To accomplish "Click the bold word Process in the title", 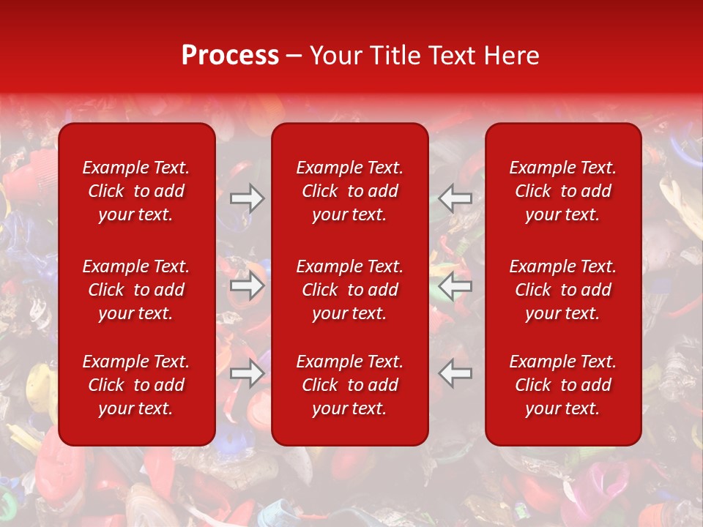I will (x=230, y=56).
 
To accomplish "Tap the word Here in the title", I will (x=512, y=56).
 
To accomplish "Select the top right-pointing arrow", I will (x=247, y=198).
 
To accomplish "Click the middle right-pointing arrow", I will (x=247, y=285).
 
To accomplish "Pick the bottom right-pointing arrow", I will (x=247, y=373).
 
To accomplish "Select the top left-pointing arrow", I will (x=455, y=198).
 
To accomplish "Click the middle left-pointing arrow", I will (x=455, y=285).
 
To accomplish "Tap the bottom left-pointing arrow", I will (x=455, y=373).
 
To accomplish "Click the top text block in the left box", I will (x=136, y=191).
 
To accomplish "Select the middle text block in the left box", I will (x=136, y=290).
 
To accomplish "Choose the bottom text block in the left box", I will (x=136, y=385).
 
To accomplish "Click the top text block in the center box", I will (x=350, y=191).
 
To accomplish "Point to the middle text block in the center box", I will (x=350, y=290).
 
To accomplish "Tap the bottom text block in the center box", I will (x=350, y=385).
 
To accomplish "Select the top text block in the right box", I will (x=563, y=191).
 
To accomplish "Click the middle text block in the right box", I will (x=563, y=290).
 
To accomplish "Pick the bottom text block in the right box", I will (x=563, y=385).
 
